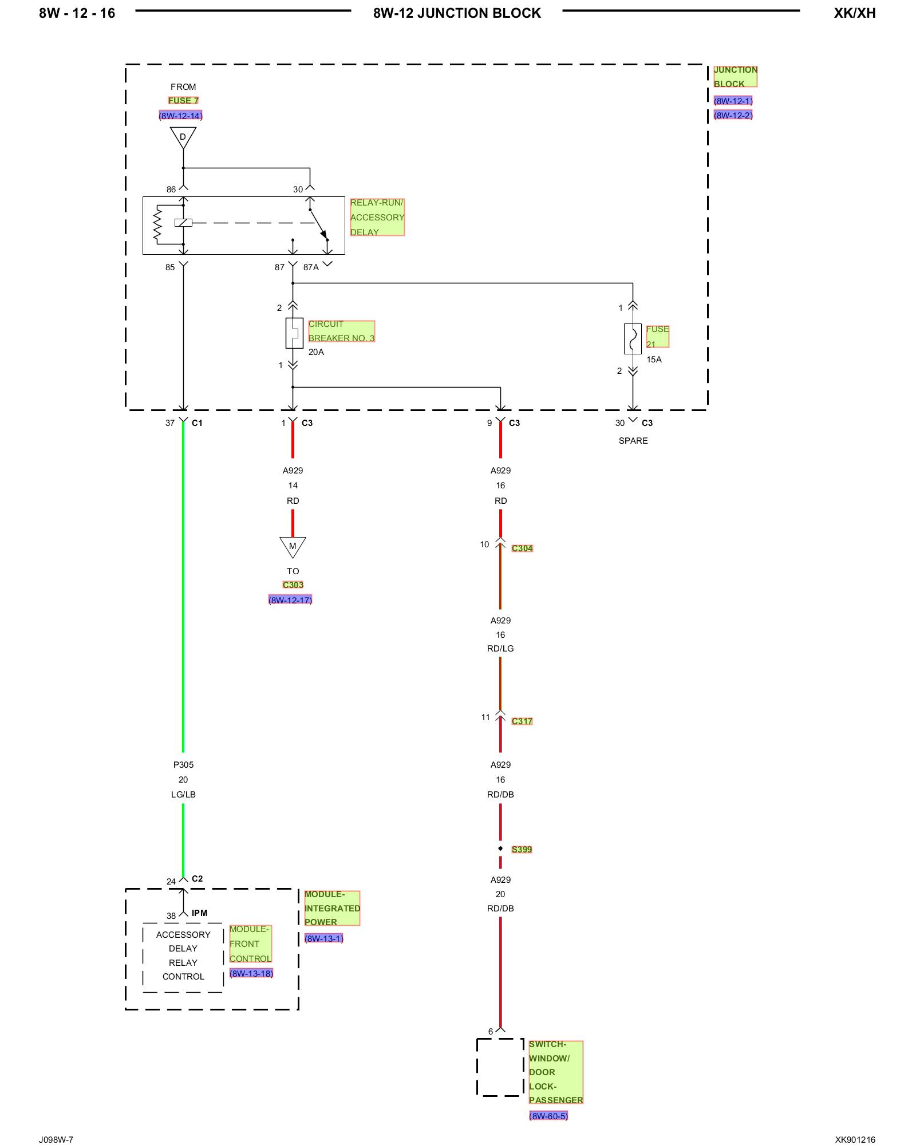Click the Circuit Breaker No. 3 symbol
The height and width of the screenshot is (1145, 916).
(x=294, y=333)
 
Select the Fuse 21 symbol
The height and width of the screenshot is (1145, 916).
(x=633, y=339)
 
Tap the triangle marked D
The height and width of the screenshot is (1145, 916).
(x=183, y=137)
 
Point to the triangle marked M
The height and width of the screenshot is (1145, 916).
(x=293, y=547)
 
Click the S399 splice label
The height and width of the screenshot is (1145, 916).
(x=522, y=850)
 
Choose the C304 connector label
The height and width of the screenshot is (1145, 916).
(x=522, y=548)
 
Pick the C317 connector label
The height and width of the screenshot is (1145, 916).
(x=522, y=721)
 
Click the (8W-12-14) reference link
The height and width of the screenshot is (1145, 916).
(x=181, y=116)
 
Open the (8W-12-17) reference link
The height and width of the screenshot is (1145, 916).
(x=290, y=600)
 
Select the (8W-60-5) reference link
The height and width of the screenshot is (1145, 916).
(x=548, y=1116)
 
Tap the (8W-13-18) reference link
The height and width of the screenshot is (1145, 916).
(x=251, y=973)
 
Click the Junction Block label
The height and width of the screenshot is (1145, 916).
(x=735, y=77)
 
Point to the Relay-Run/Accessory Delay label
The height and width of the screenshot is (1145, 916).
(x=377, y=218)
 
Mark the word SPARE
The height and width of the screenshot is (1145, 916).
(x=633, y=441)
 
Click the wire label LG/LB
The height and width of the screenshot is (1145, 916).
(x=183, y=795)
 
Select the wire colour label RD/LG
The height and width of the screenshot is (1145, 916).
(x=500, y=649)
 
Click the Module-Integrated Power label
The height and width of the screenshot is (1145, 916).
(x=332, y=908)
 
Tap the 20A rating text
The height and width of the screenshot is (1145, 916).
(x=316, y=352)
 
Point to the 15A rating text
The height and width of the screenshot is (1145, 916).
(x=654, y=360)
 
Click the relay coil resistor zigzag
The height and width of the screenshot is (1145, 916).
(x=157, y=224)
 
